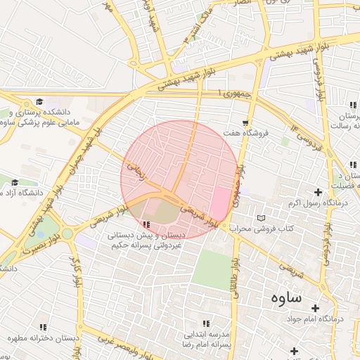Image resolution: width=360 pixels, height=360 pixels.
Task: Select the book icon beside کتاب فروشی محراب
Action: [262, 219]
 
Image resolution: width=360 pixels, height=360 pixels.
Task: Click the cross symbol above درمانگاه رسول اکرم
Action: [318, 192]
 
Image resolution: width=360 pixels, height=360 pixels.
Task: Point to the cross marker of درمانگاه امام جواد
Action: [314, 309]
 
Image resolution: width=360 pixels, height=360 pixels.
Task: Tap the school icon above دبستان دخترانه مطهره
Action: [43, 327]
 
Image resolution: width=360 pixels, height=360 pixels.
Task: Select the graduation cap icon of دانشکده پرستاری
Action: [39, 102]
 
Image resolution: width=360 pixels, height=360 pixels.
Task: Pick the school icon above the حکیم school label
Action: [146, 225]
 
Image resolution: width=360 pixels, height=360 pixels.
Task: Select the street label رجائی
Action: [136, 171]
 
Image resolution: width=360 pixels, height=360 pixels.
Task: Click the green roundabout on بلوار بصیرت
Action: [67, 233]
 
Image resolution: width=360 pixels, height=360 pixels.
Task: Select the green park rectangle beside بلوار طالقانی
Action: [210, 269]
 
